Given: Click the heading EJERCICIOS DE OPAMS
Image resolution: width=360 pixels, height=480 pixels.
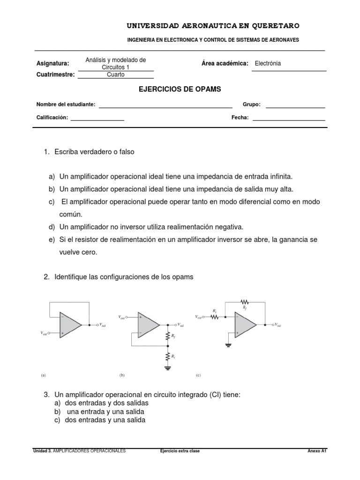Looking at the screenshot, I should pyautogui.click(x=180, y=89).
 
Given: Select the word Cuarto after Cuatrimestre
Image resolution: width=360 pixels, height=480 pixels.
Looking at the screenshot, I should pyautogui.click(x=116, y=75).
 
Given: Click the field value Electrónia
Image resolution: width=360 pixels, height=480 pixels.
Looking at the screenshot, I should pyautogui.click(x=268, y=63).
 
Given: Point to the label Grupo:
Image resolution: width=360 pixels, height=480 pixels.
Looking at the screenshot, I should pyautogui.click(x=251, y=105).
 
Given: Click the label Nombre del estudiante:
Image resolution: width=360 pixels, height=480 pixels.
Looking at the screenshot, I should pyautogui.click(x=66, y=105).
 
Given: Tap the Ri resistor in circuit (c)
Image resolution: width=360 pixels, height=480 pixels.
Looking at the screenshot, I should pyautogui.click(x=215, y=317).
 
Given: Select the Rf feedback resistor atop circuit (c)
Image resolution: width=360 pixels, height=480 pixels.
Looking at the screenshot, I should pyautogui.click(x=245, y=302).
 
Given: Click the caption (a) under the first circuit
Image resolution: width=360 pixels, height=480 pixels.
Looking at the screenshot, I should pyautogui.click(x=44, y=375).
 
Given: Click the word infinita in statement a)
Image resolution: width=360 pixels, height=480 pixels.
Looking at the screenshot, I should pyautogui.click(x=279, y=176).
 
